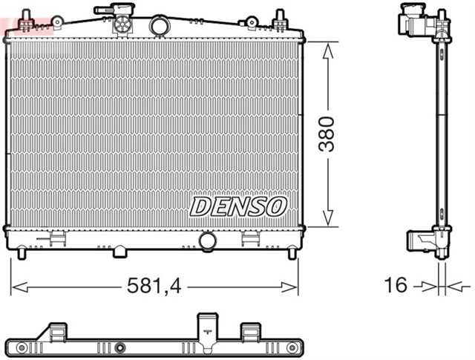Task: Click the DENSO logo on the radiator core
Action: (x=238, y=206)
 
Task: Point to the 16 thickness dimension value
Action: (x=397, y=285)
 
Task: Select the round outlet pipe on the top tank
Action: (x=160, y=26)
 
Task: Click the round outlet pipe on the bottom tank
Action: (x=208, y=241)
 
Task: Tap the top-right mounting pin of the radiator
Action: (x=281, y=19)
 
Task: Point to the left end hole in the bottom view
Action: (x=22, y=347)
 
